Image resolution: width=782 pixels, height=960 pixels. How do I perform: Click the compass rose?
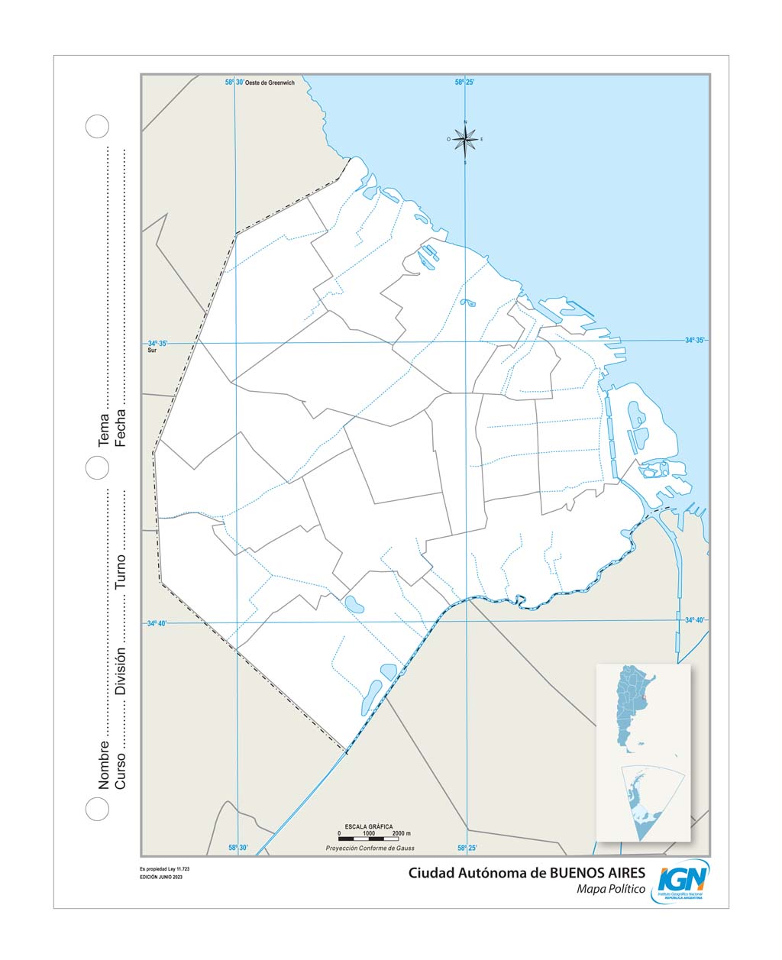click(x=464, y=140)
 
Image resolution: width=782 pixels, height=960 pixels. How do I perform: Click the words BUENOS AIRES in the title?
click(x=597, y=873)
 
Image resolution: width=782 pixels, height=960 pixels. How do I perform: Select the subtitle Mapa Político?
click(x=611, y=889)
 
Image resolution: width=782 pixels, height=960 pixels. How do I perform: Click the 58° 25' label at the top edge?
click(x=465, y=82)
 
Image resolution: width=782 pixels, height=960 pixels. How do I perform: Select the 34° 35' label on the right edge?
click(x=694, y=340)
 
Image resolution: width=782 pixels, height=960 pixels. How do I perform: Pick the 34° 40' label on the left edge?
click(x=157, y=623)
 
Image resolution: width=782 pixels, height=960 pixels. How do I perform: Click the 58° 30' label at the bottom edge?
click(x=238, y=848)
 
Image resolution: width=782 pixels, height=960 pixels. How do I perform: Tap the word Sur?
click(x=152, y=352)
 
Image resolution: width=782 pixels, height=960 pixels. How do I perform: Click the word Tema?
click(x=104, y=432)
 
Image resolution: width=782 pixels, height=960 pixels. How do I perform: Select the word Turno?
click(x=121, y=571)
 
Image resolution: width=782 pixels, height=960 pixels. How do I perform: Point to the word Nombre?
click(x=104, y=764)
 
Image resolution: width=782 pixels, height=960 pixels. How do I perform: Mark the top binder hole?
click(x=97, y=127)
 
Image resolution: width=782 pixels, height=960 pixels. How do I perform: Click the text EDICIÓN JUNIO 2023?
click(x=161, y=877)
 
